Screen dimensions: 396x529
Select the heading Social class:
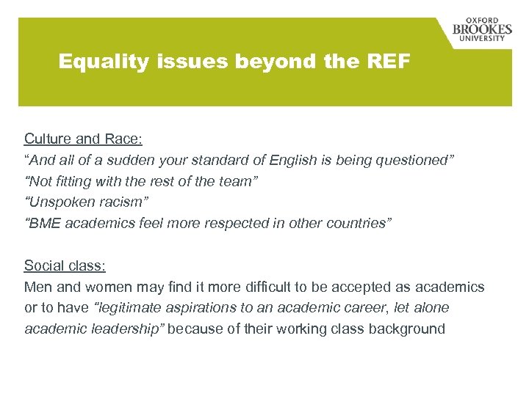pyautogui.click(x=65, y=265)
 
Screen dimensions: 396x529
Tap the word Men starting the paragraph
pyautogui.click(x=37, y=287)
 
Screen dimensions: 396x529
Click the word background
pyautogui.click(x=409, y=329)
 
